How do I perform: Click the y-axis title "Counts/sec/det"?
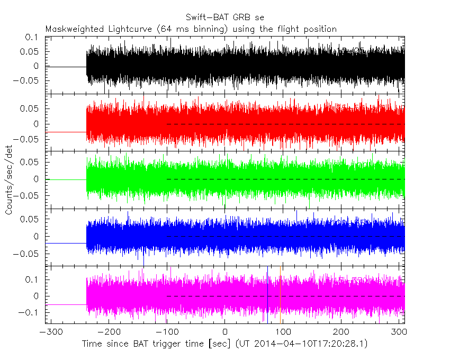pyautogui.click(x=9, y=180)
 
